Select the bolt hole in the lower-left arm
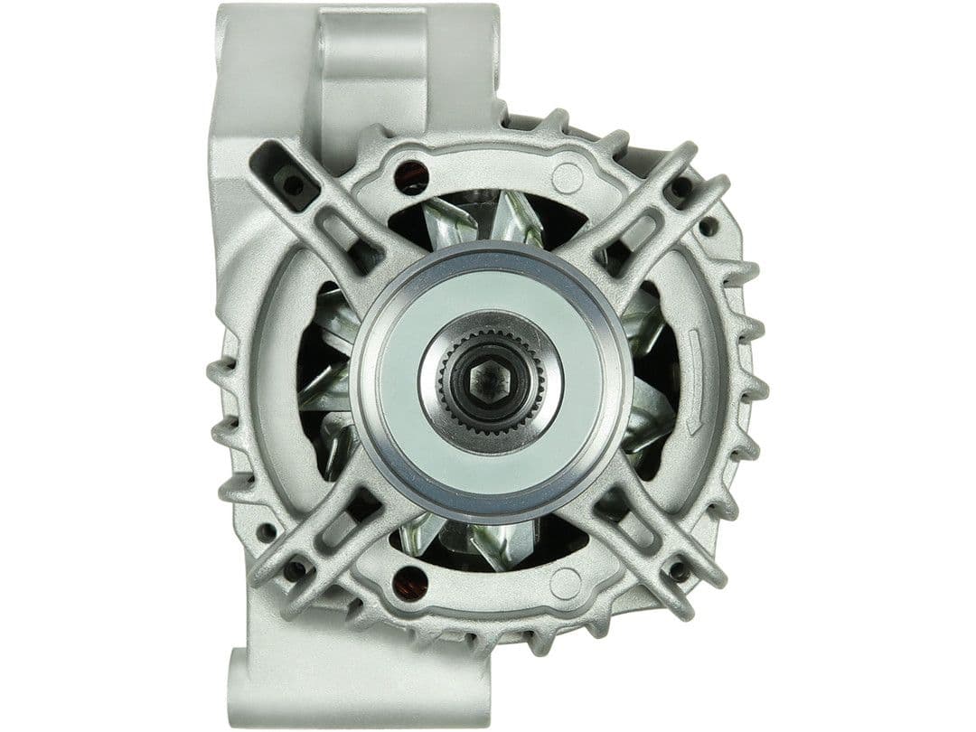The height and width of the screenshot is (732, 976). [295, 571]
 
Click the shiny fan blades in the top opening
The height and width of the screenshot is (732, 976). [488, 217]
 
